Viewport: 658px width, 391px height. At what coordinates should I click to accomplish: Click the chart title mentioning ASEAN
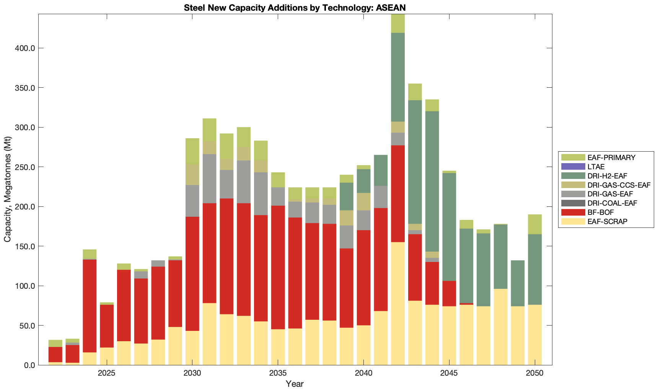295,8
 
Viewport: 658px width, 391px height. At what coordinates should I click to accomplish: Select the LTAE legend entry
596,167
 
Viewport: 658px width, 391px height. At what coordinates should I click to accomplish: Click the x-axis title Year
295,384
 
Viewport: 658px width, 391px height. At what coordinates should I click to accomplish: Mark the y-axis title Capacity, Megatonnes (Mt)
7,190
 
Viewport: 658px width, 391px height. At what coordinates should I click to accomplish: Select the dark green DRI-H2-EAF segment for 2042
398,77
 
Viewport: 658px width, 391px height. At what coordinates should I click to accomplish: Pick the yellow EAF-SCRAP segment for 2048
500,327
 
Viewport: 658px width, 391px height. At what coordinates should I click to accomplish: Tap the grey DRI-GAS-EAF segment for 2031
209,178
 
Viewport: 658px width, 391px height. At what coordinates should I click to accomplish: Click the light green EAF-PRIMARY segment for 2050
535,224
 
